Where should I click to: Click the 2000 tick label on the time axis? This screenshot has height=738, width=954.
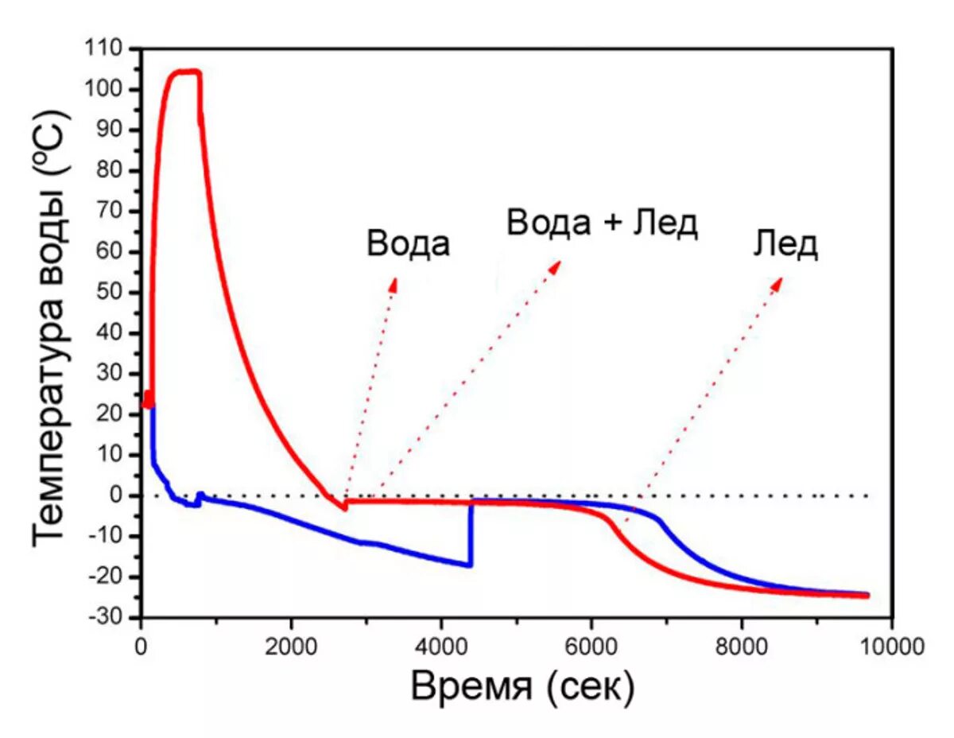[291, 643]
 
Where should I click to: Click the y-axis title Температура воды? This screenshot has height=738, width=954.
[49, 326]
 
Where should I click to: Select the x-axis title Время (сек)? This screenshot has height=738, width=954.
[522, 686]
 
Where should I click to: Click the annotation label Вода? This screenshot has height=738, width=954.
[408, 244]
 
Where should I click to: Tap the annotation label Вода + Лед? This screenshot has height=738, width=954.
[602, 223]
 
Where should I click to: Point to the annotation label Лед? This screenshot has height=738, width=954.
[785, 246]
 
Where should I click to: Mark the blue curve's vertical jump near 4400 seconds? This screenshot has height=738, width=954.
[471, 533]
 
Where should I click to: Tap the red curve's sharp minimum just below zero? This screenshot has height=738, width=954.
[345, 508]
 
